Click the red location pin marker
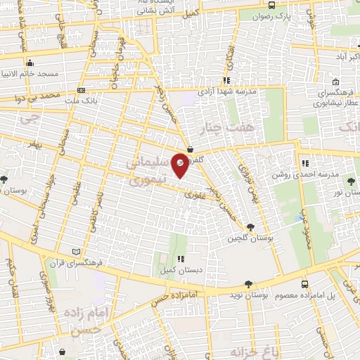point(180,165)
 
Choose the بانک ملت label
point(82,100)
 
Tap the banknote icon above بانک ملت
point(82,90)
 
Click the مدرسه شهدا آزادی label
point(226,91)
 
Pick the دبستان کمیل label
point(181,269)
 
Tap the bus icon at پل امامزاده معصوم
point(304,284)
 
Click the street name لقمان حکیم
point(11,276)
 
